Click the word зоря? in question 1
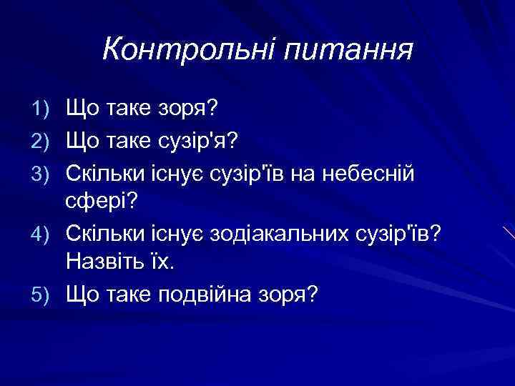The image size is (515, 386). (x=195, y=109)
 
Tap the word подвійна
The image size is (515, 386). (x=218, y=294)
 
